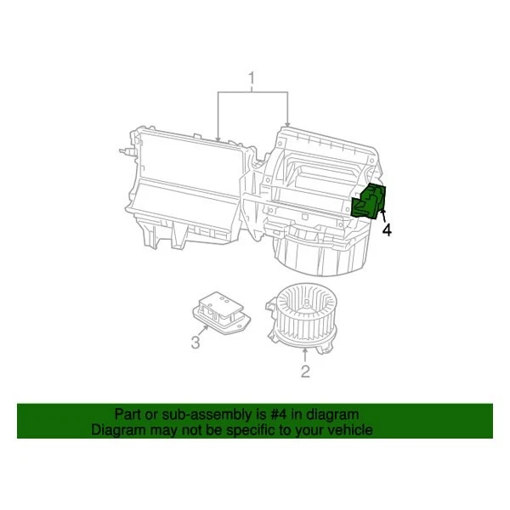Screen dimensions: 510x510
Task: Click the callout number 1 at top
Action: (252, 81)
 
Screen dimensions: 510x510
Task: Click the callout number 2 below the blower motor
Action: (304, 371)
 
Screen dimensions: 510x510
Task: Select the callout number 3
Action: (195, 343)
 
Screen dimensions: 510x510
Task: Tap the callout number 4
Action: (387, 229)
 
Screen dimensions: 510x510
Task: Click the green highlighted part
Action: (371, 201)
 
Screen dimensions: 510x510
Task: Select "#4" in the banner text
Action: (279, 414)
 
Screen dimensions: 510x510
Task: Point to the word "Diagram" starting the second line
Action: (117, 430)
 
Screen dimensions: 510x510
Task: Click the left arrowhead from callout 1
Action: (218, 138)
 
